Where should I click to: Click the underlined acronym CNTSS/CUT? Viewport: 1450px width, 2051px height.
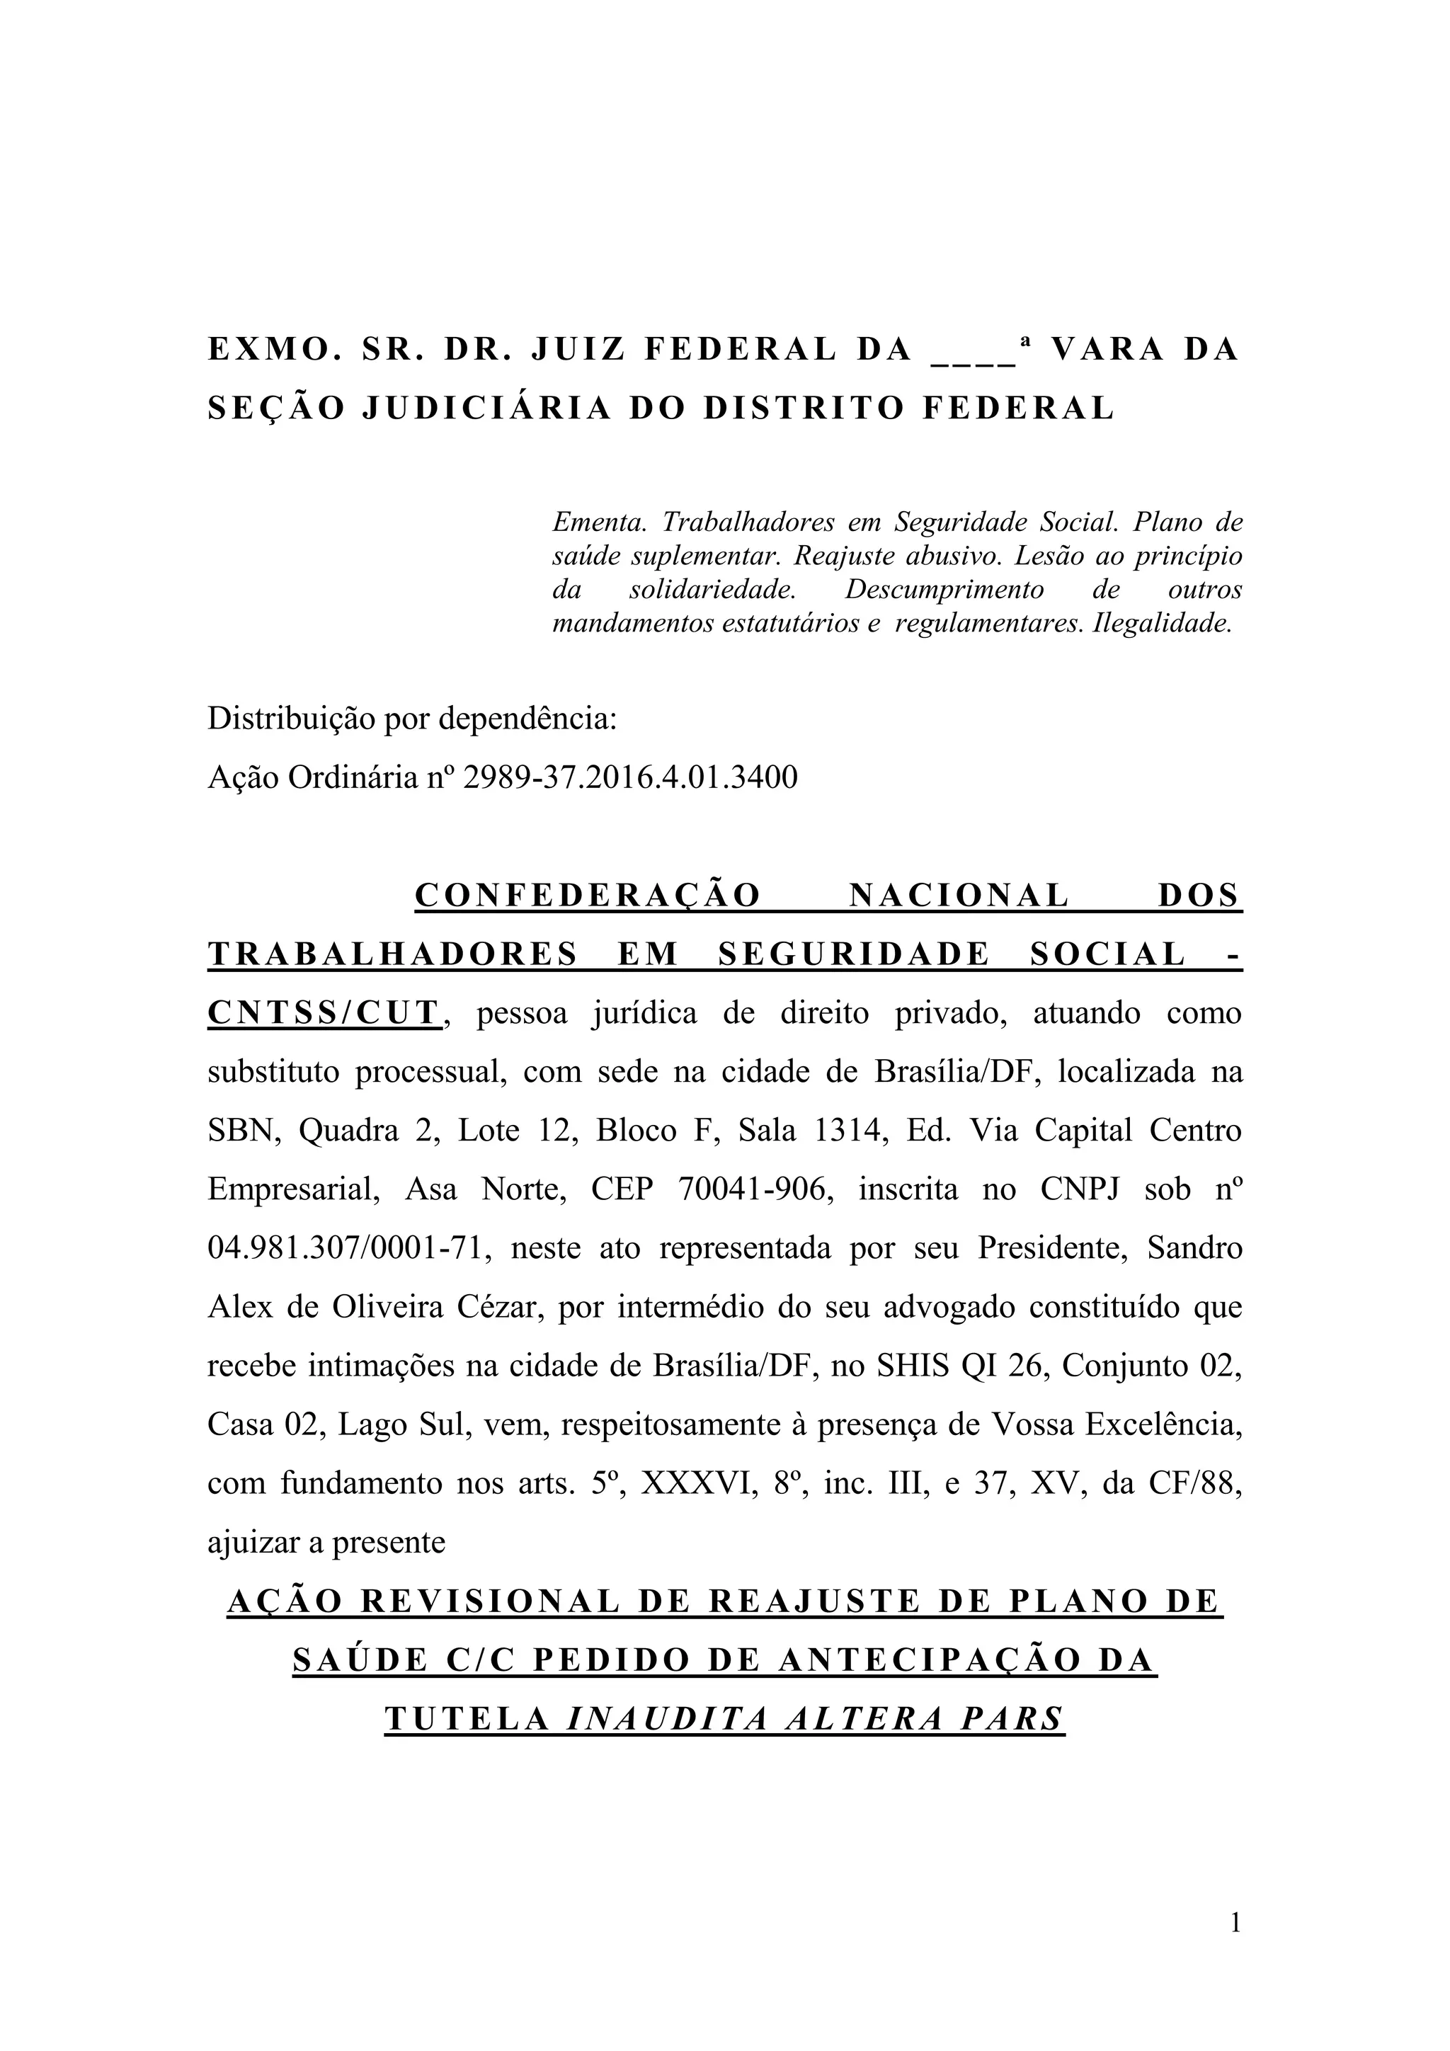point(324,1014)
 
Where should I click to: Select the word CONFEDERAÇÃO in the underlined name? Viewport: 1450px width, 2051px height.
point(588,896)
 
